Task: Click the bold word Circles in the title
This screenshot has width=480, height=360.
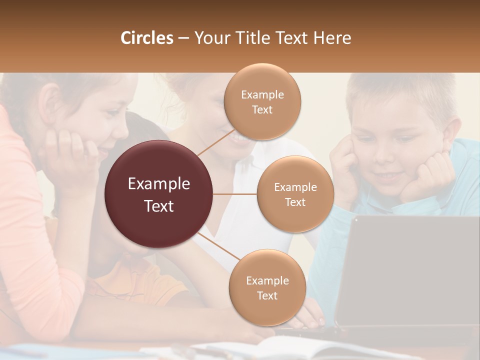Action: (x=147, y=38)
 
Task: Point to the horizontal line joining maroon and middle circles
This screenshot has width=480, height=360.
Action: (x=235, y=193)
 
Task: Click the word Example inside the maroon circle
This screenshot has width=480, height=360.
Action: (x=159, y=184)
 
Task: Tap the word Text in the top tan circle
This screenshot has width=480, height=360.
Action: (x=262, y=109)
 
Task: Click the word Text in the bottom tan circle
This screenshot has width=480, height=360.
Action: (x=267, y=295)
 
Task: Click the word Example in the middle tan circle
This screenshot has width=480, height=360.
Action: (x=295, y=187)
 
